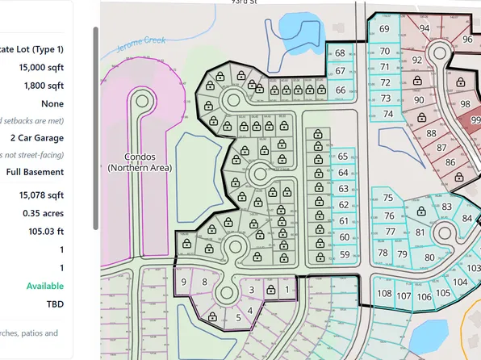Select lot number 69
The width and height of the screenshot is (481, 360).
tap(384, 30)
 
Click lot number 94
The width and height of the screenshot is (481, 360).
tap(425, 28)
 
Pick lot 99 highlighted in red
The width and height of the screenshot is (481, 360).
tap(475, 120)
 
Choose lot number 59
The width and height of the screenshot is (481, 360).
tap(345, 254)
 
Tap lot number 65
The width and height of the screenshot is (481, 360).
tap(344, 156)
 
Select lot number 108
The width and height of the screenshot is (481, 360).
tap(385, 294)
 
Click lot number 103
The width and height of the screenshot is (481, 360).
tap(475, 266)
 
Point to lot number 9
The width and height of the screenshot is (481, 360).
tap(185, 282)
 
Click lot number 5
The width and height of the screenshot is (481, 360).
tap(238, 318)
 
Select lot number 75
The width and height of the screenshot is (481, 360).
tap(388, 199)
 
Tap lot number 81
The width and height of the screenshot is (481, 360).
tap(420, 233)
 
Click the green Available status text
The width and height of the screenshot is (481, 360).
tap(45, 286)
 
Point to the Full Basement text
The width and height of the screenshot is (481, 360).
tap(35, 172)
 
